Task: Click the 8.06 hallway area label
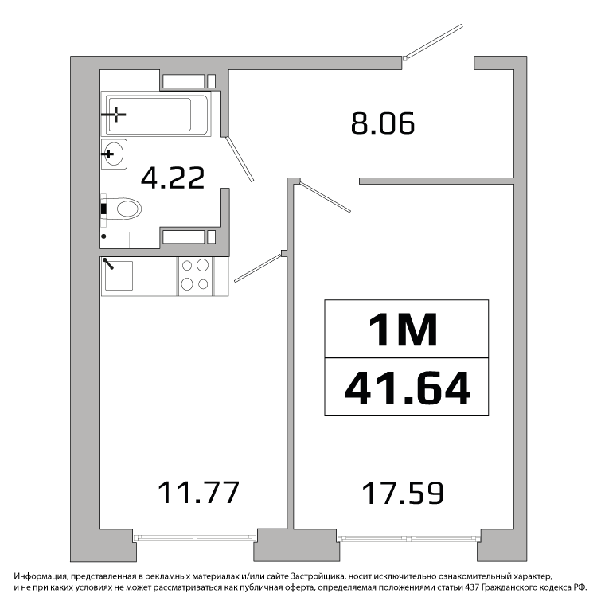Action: [383, 123]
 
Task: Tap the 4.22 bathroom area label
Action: [173, 178]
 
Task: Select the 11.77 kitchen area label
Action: [198, 492]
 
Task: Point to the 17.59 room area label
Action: [403, 493]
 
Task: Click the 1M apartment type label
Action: [404, 330]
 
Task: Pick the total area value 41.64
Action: [408, 388]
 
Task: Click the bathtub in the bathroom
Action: [156, 114]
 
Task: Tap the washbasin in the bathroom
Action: [114, 154]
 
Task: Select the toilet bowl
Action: [121, 209]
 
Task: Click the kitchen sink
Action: [119, 275]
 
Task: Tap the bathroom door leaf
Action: [240, 158]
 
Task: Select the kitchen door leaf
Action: [258, 268]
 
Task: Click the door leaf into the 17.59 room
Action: [325, 197]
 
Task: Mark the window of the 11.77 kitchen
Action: [195, 537]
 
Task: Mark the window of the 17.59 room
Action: [408, 538]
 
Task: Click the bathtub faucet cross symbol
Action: [115, 114]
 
